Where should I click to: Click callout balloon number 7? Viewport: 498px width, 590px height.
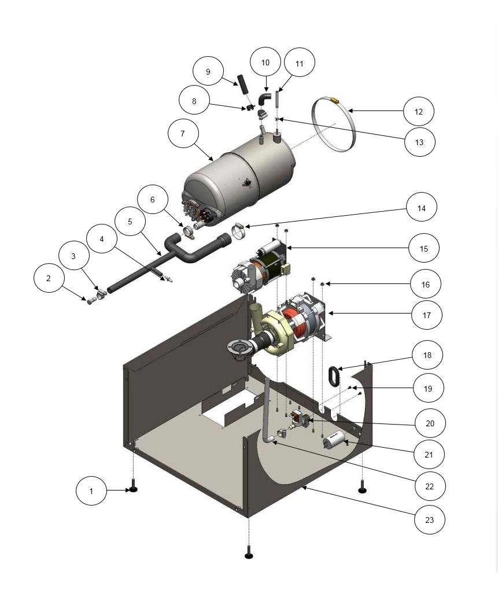(x=183, y=134)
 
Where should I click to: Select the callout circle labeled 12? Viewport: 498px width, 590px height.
(x=419, y=111)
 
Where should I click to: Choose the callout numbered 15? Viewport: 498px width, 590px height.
(x=424, y=249)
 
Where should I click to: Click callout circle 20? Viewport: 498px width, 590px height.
(x=430, y=423)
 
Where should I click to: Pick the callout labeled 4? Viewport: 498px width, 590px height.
(x=102, y=238)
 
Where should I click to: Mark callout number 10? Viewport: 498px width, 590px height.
(x=265, y=63)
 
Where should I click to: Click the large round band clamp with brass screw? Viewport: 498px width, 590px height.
(x=332, y=124)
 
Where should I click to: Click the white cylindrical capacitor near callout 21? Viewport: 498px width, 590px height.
(x=334, y=443)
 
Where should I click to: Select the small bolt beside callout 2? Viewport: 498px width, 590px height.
(x=90, y=301)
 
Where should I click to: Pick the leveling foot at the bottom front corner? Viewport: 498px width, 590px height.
(x=249, y=553)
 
